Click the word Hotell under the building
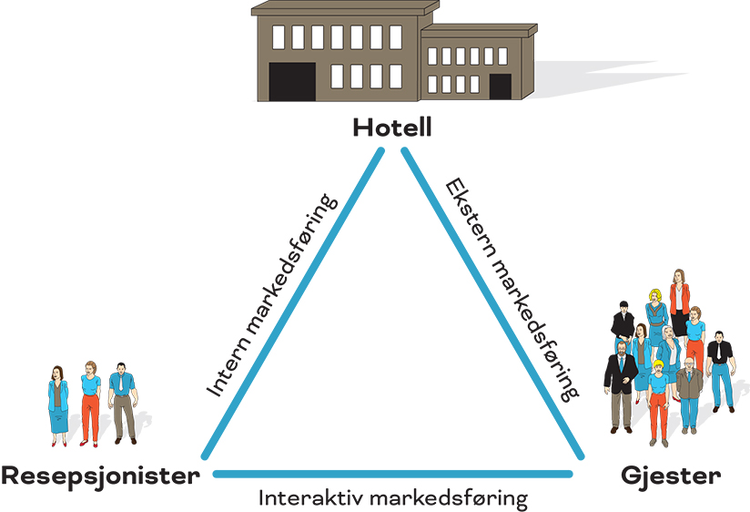[x=391, y=128]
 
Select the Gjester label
[x=671, y=476]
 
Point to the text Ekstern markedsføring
[x=512, y=289]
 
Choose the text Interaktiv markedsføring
[x=392, y=499]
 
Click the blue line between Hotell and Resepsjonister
[x=291, y=301]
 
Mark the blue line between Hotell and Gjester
[x=492, y=301]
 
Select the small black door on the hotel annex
[x=500, y=86]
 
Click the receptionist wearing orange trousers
[x=90, y=401]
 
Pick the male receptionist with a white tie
[x=122, y=401]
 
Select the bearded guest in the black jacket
[x=622, y=383]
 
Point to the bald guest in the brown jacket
[x=689, y=392]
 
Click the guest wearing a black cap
[x=623, y=323]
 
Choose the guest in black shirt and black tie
[x=720, y=369]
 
